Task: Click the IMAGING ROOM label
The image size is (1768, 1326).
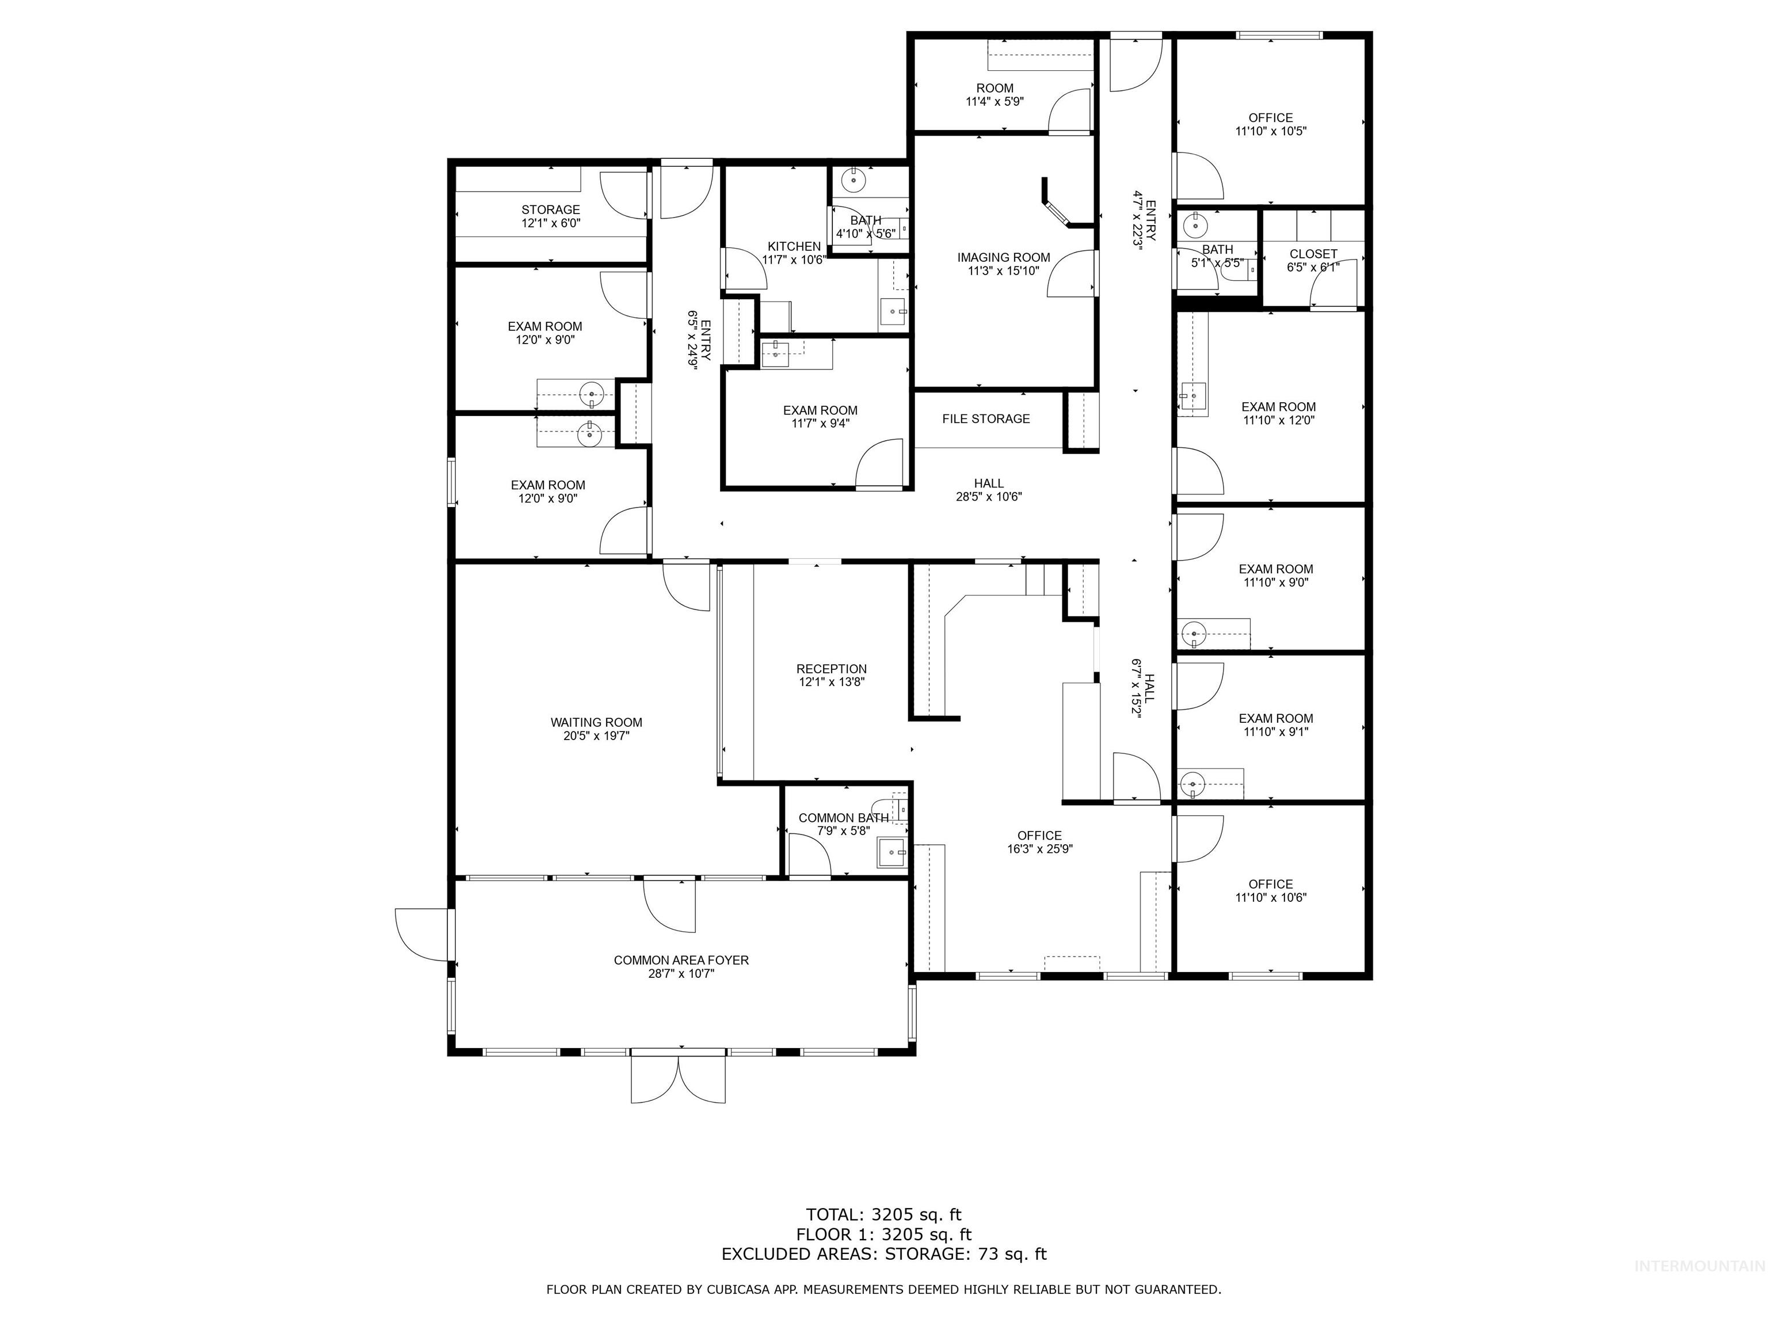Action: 1003,257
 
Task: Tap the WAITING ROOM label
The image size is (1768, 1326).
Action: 596,722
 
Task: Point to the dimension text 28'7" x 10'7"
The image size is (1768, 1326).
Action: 681,974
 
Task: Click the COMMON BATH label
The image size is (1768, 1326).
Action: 843,818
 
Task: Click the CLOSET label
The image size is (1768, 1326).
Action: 1313,254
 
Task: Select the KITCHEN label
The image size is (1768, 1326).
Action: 794,246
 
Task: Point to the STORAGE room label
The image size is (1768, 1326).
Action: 551,210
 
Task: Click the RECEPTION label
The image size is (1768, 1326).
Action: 831,669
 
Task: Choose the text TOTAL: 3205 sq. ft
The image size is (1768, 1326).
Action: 883,1215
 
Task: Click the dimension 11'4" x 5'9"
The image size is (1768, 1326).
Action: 995,101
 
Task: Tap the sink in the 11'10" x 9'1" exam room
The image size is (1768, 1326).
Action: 1192,784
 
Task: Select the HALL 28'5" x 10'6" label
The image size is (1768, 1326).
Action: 989,483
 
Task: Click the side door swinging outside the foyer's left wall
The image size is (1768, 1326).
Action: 422,935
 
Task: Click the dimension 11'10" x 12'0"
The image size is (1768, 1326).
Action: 1278,420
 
